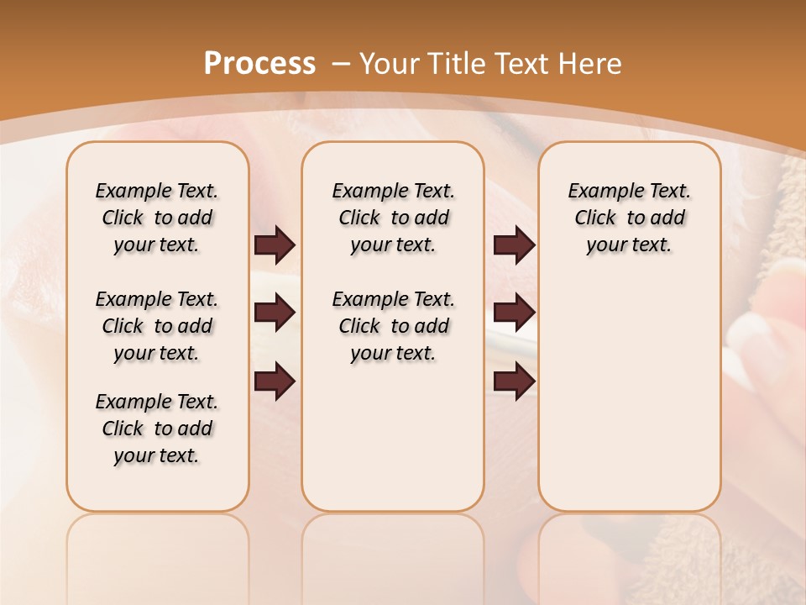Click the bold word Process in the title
[x=259, y=63]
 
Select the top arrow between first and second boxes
[x=275, y=245]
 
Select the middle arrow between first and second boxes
[x=275, y=313]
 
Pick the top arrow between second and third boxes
[x=514, y=245]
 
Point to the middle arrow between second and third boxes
[x=514, y=313]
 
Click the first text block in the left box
[x=157, y=218]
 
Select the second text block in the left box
[x=157, y=326]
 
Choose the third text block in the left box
[x=157, y=429]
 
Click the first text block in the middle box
[x=394, y=218]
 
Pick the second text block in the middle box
[x=394, y=326]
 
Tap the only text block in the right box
[x=630, y=218]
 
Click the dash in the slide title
[x=341, y=64]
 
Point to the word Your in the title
[x=390, y=63]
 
